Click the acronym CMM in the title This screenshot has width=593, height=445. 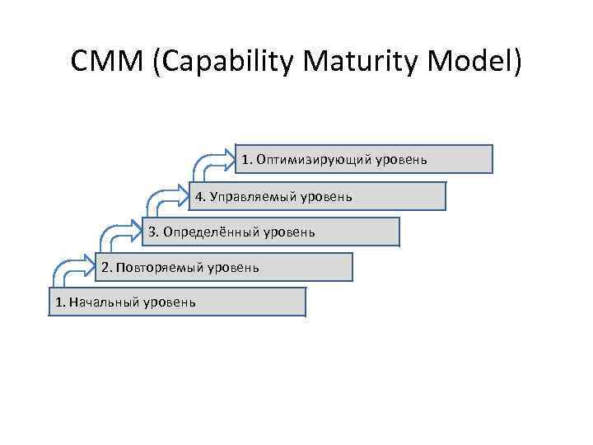(107, 63)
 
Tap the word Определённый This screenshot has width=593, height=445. (211, 232)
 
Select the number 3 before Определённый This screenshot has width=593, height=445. (153, 232)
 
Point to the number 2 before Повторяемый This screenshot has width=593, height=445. (105, 267)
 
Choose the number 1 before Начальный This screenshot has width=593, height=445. (58, 302)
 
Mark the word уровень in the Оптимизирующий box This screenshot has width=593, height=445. (401, 159)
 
